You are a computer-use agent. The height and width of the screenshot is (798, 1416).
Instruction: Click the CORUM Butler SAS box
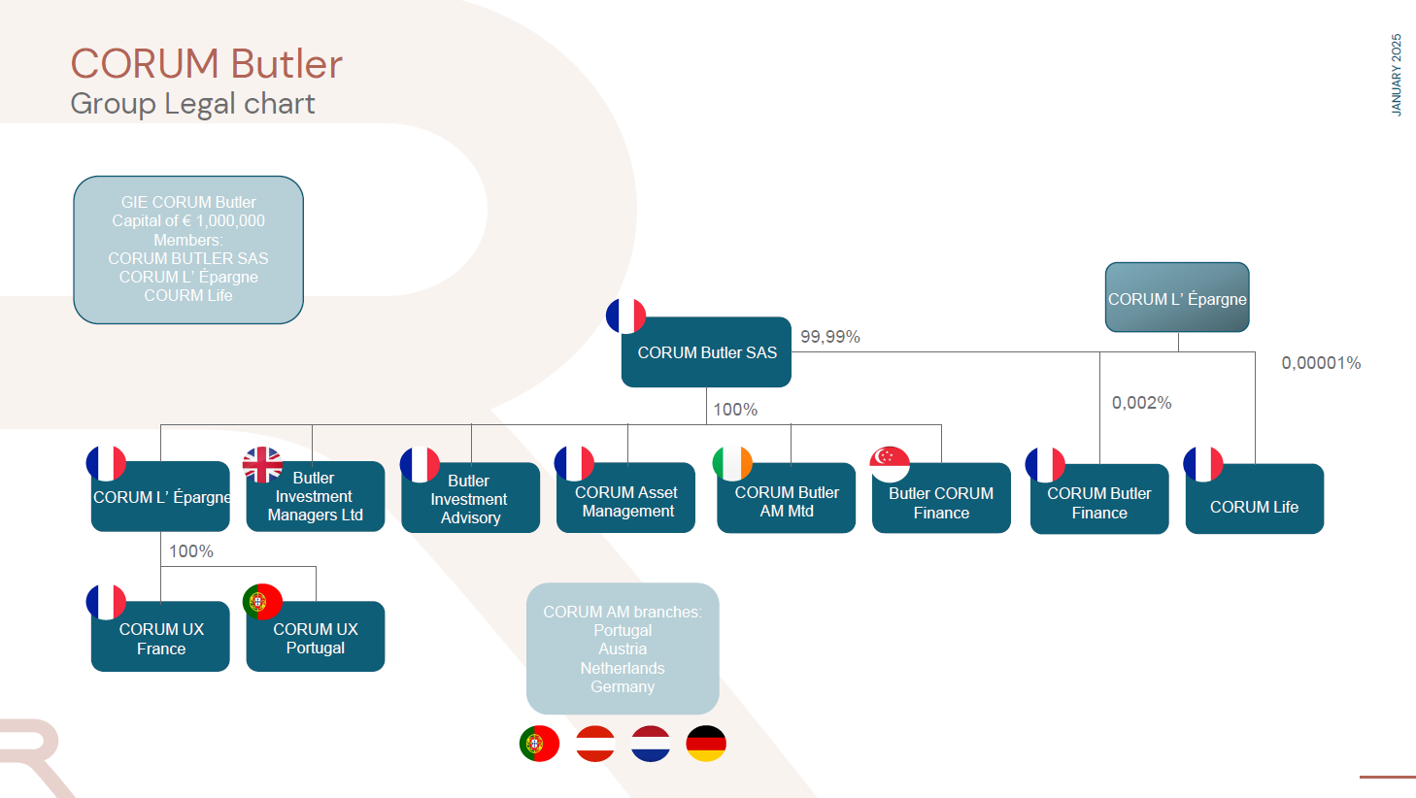point(706,352)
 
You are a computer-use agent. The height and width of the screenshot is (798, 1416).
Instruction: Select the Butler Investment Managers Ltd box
point(315,497)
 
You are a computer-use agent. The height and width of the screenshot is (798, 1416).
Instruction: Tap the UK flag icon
point(262,464)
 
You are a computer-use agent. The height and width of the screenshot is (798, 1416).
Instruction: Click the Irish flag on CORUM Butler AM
point(732,463)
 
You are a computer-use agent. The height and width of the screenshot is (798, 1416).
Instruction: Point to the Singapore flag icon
point(890,463)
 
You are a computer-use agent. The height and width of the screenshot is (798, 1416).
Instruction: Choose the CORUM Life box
point(1254,499)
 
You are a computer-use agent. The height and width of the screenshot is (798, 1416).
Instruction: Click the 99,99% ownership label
point(830,337)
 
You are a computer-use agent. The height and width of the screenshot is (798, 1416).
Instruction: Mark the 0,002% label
point(1141,403)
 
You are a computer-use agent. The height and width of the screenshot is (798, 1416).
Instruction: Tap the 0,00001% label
point(1321,363)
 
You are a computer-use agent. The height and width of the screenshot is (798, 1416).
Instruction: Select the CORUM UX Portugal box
point(316,638)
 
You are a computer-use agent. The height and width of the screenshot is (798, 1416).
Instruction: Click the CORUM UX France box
point(160,638)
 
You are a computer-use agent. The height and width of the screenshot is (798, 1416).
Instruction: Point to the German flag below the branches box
point(706,744)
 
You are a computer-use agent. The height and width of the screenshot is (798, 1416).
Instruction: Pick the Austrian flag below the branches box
point(595,744)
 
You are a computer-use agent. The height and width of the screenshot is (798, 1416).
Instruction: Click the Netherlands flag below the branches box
point(651,744)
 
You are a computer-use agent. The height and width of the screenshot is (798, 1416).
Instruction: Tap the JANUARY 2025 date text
point(1397,76)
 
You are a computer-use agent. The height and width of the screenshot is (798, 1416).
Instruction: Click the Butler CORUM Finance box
point(941,500)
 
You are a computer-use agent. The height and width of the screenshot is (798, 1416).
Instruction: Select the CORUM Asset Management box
point(626,500)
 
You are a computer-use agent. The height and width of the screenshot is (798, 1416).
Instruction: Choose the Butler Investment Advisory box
point(470,499)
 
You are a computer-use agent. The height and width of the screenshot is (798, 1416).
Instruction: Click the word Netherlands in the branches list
point(623,668)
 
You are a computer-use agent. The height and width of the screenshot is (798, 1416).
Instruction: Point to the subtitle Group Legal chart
point(192,104)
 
